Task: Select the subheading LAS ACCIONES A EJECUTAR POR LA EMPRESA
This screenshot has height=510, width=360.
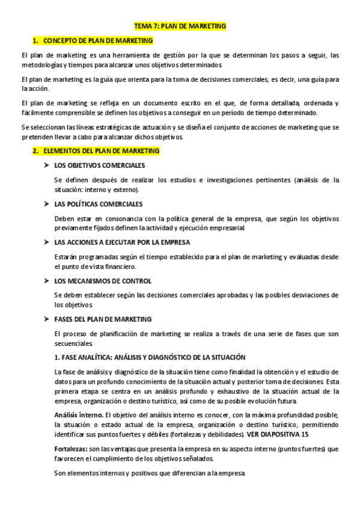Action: click(122, 242)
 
